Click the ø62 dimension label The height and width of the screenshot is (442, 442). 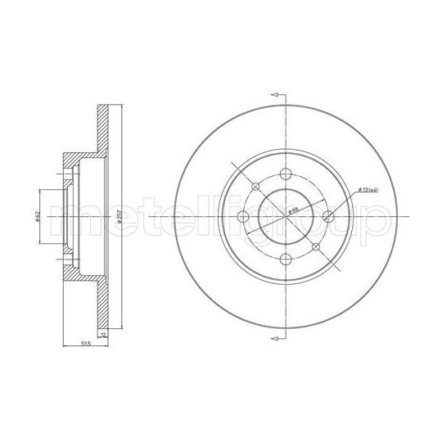point(38,216)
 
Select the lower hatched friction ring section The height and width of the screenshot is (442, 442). point(101,303)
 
